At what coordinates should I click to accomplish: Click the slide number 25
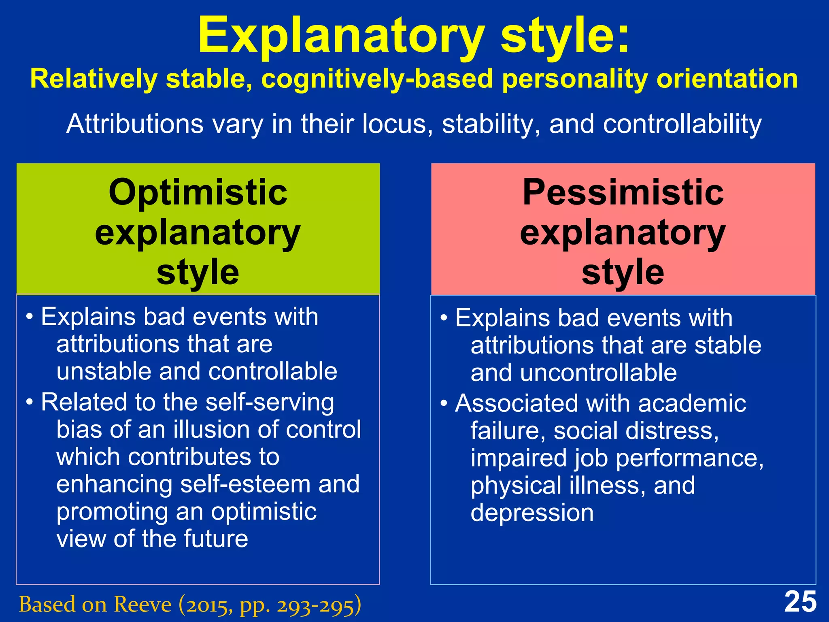click(800, 602)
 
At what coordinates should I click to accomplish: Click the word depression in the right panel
click(532, 513)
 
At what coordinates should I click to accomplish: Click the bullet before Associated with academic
click(444, 404)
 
